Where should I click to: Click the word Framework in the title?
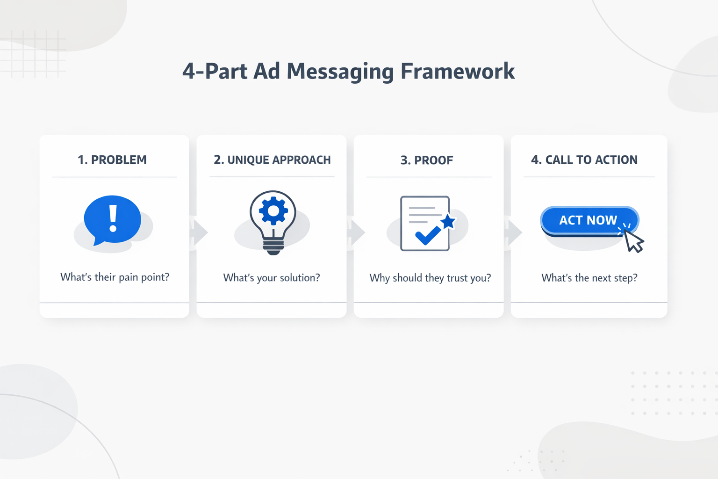(457, 72)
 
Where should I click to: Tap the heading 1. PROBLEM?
(112, 160)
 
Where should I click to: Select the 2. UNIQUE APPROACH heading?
(272, 160)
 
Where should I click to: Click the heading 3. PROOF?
(427, 160)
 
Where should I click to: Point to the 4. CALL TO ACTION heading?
(584, 160)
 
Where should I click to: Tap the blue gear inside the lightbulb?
(273, 211)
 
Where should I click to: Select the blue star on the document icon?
(448, 221)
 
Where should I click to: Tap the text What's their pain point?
(115, 277)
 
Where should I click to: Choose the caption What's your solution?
(272, 278)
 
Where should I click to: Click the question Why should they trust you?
(430, 278)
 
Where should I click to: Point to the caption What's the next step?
(589, 278)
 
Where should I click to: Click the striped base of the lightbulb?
(273, 246)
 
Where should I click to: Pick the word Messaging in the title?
(340, 72)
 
